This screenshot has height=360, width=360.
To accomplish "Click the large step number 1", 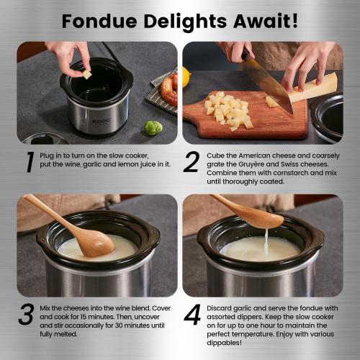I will click(27, 163).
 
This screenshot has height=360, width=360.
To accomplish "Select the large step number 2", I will click(190, 163).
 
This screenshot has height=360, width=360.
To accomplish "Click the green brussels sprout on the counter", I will click(151, 129).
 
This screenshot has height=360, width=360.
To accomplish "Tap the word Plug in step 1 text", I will click(50, 154).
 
